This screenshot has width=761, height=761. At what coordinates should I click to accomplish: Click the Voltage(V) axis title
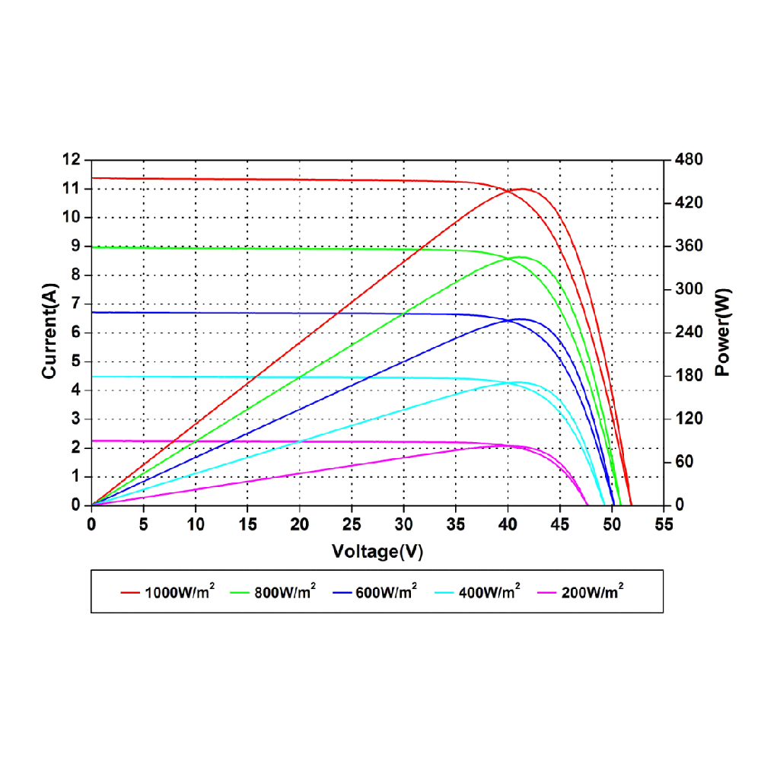click(377, 552)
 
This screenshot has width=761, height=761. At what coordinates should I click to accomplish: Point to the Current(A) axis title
click(50, 333)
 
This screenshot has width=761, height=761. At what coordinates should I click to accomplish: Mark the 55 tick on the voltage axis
click(664, 525)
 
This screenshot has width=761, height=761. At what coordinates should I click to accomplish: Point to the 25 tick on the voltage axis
click(352, 525)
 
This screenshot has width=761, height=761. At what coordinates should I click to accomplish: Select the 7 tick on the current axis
click(75, 304)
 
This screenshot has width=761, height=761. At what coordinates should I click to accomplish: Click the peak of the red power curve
click(522, 188)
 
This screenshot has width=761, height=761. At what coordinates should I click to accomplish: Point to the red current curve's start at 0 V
click(92, 178)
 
